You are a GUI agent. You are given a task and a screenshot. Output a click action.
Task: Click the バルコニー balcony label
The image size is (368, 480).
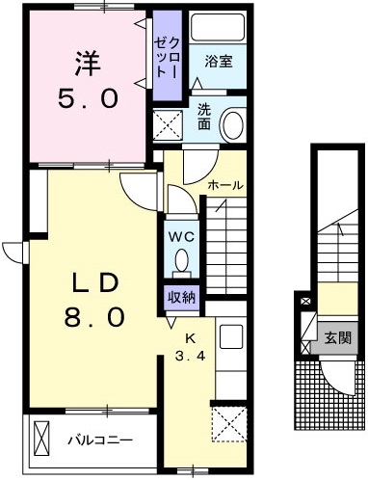[x=99, y=440]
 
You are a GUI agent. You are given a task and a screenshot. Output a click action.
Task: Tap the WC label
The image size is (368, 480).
[x=182, y=235]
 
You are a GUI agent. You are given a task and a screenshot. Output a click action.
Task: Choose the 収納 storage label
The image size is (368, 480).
[x=182, y=297]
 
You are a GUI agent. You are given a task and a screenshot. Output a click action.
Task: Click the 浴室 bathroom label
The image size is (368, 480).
[x=218, y=63]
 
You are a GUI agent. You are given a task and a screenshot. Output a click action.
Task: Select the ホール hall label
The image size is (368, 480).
[x=225, y=185]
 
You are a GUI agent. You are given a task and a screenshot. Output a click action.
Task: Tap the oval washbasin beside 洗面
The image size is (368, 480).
[x=232, y=124]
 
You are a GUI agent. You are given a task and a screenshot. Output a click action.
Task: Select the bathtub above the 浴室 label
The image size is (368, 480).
[x=217, y=29]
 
